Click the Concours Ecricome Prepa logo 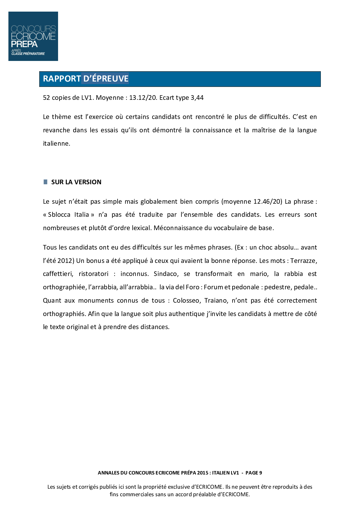click(x=33, y=36)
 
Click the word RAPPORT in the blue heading click(x=62, y=79)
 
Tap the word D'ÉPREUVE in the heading click(x=106, y=79)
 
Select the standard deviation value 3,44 click(x=197, y=98)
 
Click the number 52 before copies click(x=46, y=98)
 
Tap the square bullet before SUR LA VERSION click(x=45, y=182)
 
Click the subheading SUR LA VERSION click(x=76, y=182)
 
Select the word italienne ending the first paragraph click(x=56, y=144)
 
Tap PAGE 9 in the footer click(x=253, y=473)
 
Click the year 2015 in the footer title click(x=203, y=473)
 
